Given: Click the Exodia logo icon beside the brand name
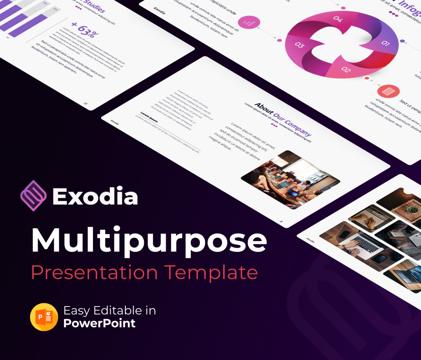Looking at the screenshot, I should [33, 195].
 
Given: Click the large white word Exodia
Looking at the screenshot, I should [95, 196].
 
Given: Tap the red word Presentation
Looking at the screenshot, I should [94, 272].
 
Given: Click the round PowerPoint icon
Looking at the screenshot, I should [44, 317].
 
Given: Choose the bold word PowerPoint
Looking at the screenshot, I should [99, 323].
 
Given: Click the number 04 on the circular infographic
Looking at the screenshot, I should [338, 19].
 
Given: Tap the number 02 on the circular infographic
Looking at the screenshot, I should [346, 70].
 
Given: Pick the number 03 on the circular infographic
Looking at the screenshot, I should [299, 45].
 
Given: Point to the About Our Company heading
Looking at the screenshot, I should [283, 120].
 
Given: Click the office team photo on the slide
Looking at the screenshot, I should [290, 179].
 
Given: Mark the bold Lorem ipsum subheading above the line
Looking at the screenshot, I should [149, 116].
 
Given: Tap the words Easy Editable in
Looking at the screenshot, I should [109, 310].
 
